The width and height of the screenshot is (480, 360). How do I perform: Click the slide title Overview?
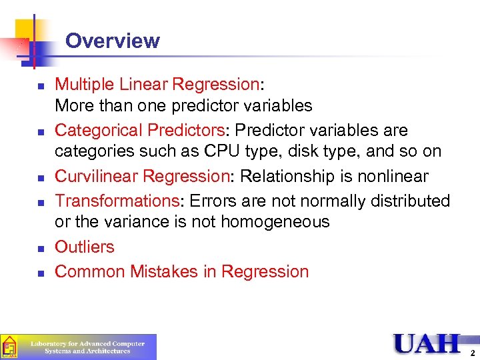pyautogui.click(x=112, y=41)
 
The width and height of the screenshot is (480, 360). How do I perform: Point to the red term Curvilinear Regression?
pyautogui.click(x=141, y=177)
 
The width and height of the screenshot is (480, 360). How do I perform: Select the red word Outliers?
pyautogui.click(x=85, y=247)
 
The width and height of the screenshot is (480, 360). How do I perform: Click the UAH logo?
pyautogui.click(x=427, y=343)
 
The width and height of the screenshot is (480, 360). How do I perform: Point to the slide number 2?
pyautogui.click(x=472, y=353)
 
